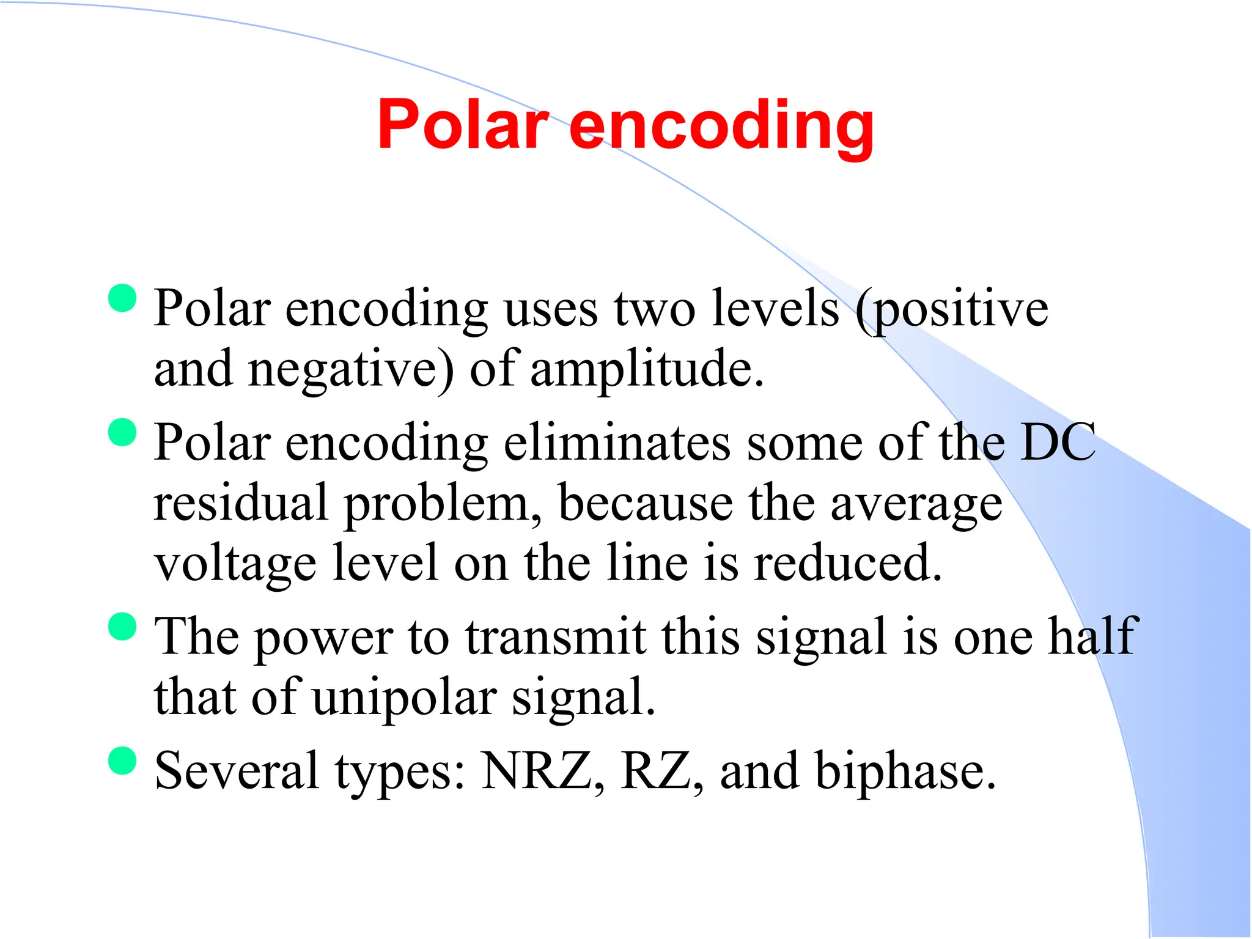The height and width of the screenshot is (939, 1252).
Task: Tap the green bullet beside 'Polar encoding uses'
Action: tap(122, 298)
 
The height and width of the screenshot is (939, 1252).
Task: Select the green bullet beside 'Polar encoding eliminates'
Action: tap(122, 432)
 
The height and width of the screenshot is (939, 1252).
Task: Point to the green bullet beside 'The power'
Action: tap(122, 626)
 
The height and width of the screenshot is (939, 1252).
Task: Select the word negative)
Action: tap(352, 370)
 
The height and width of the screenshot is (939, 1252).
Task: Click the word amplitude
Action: tap(647, 370)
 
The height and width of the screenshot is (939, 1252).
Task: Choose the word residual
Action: tap(241, 503)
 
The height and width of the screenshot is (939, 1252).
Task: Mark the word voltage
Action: tap(235, 564)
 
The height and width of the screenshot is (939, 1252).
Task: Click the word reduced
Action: tap(847, 562)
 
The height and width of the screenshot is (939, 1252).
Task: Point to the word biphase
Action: tap(905, 771)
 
